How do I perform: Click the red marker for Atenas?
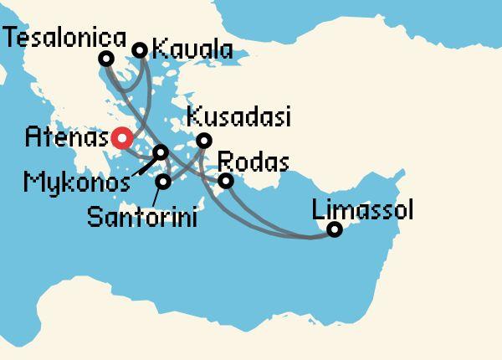point(122,136)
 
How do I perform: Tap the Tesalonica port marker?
point(105,59)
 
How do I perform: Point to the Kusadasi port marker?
point(203,141)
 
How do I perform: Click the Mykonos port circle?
point(161,152)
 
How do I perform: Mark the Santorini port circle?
point(164,181)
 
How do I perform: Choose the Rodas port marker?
point(225,181)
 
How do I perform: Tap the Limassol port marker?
point(334,229)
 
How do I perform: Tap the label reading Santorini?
point(142,219)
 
